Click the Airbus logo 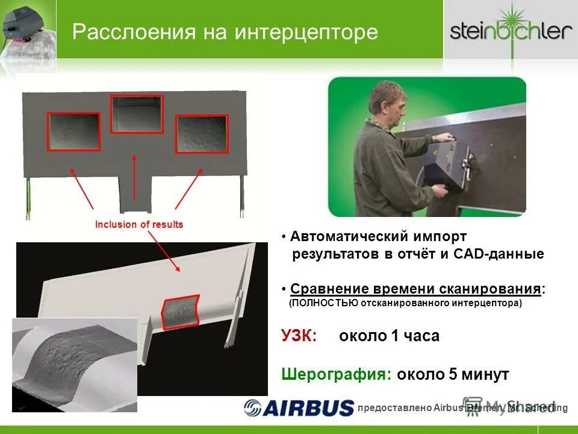[x=299, y=407]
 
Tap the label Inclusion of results [x=139, y=225]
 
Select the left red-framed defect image [x=74, y=131]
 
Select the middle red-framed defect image [x=137, y=113]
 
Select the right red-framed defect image [x=202, y=134]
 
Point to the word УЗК [x=299, y=336]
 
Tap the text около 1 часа [x=390, y=336]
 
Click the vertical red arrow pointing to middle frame [x=134, y=181]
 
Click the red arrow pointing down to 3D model [x=164, y=253]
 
